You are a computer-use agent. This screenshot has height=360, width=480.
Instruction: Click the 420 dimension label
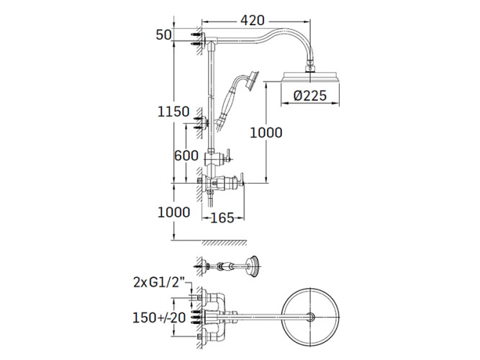[252, 20]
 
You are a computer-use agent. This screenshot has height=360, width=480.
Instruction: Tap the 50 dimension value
[164, 35]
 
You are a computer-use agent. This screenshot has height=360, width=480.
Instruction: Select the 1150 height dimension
[173, 112]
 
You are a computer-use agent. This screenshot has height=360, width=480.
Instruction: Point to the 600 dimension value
[186, 156]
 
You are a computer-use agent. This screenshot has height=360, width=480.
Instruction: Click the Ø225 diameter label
[310, 96]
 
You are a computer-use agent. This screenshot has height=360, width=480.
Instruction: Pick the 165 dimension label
[222, 218]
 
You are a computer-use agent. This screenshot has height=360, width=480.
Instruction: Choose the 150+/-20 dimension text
[159, 318]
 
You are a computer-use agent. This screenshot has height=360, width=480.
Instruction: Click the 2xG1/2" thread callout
[160, 282]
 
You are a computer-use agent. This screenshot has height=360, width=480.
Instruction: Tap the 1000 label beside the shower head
[266, 132]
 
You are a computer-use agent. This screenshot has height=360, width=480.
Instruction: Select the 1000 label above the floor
[173, 212]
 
